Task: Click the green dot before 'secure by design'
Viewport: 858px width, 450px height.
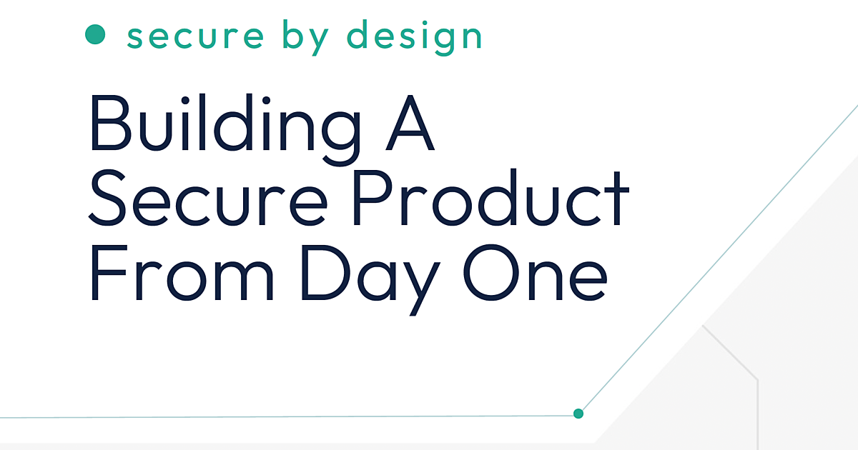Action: tap(95, 34)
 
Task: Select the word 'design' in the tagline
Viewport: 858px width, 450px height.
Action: tap(414, 36)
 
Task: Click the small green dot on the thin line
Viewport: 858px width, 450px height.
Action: tap(578, 413)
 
